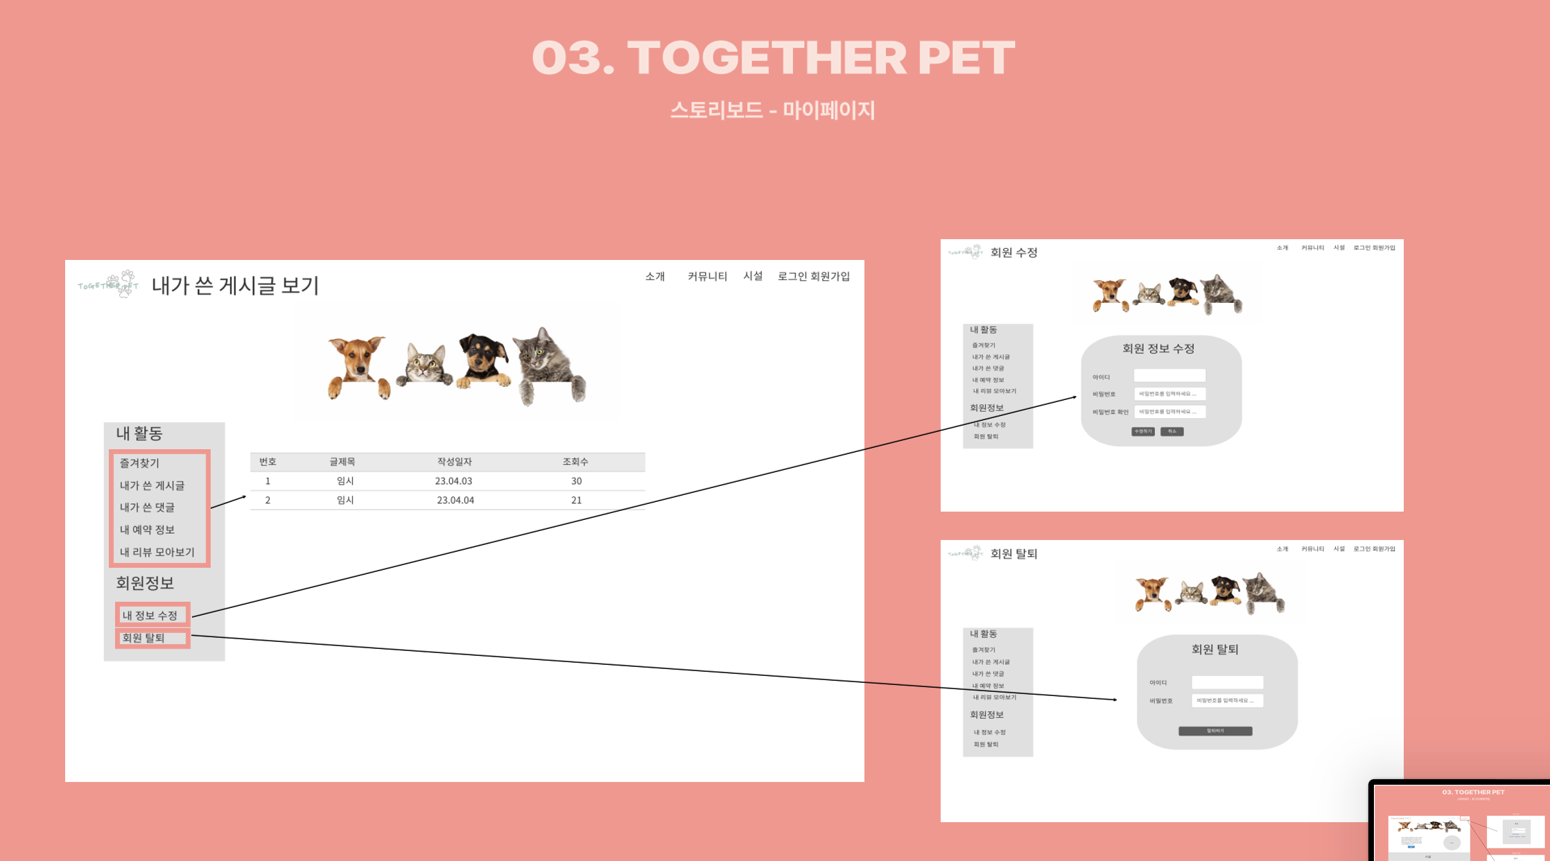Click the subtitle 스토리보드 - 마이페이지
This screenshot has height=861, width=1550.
[x=772, y=110]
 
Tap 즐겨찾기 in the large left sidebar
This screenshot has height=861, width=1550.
[x=139, y=463]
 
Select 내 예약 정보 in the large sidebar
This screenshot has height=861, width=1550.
[x=147, y=530]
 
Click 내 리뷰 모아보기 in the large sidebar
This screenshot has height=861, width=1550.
[x=157, y=553]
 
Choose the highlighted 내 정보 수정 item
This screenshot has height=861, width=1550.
[x=151, y=615]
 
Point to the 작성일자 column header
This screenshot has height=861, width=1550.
[x=454, y=462]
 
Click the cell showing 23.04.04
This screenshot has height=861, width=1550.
[x=455, y=501]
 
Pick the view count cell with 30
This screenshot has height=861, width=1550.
[x=576, y=481]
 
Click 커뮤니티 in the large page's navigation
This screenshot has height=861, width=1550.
[x=707, y=277]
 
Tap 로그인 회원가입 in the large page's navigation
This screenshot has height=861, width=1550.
[x=814, y=277]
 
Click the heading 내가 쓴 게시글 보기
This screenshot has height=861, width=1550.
[x=235, y=286]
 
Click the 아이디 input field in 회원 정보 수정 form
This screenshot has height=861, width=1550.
[x=1169, y=376]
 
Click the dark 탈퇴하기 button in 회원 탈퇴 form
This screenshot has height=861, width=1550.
[x=1215, y=731]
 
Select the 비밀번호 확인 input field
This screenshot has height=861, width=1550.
[x=1169, y=412]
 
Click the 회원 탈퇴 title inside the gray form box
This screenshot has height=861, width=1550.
[x=1214, y=650]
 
